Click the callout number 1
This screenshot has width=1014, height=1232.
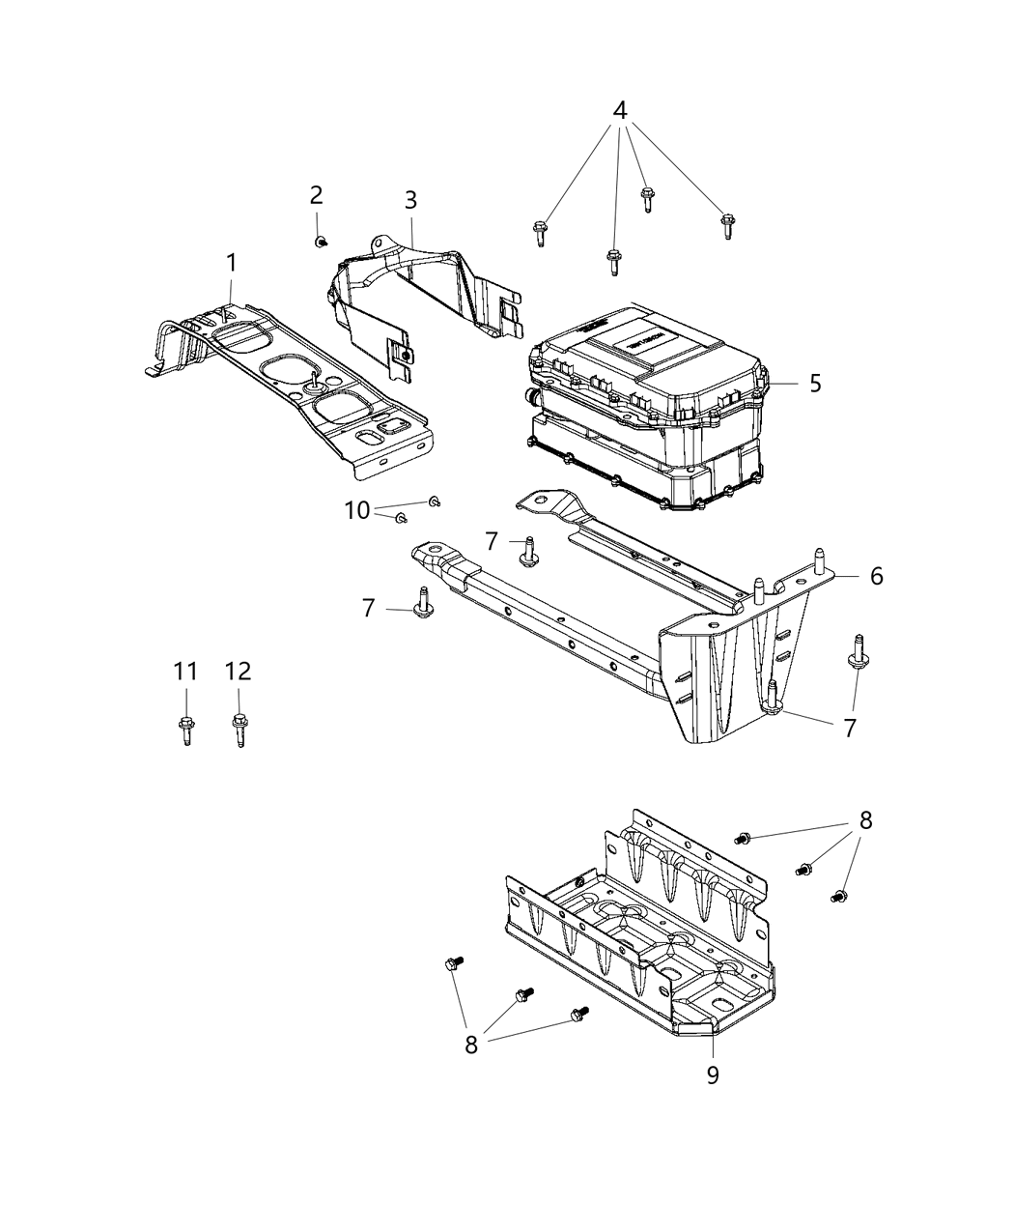(231, 262)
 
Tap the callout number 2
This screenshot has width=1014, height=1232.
(316, 194)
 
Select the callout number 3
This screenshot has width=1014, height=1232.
(410, 200)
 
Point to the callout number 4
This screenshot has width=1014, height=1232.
(620, 109)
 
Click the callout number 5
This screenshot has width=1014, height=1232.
(816, 383)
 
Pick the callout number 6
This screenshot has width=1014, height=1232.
(876, 576)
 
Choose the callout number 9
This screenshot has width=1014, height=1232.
(713, 1074)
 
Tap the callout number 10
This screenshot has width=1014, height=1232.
(357, 510)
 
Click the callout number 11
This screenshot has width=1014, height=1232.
(185, 671)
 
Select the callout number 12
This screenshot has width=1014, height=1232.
(238, 671)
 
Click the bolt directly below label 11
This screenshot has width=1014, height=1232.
(185, 727)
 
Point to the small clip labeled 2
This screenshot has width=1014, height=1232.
(320, 241)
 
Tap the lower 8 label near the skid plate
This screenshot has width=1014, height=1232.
(471, 1046)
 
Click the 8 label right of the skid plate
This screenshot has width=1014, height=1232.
(865, 820)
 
